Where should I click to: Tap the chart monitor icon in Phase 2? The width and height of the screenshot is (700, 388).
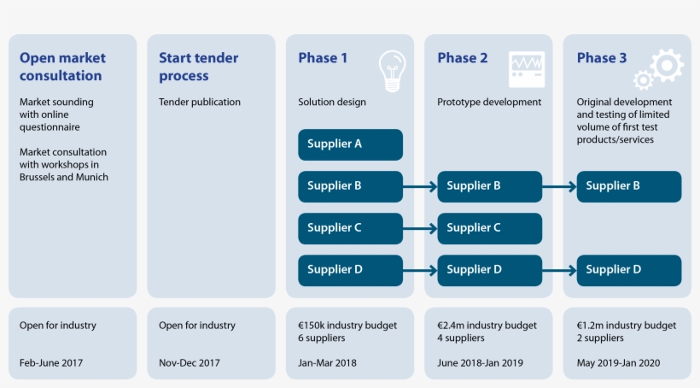[x=527, y=68]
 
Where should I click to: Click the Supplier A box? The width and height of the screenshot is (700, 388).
[x=350, y=144]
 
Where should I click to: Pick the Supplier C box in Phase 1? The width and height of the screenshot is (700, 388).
[x=350, y=228]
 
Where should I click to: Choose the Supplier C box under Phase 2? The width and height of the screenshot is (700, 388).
[x=489, y=228]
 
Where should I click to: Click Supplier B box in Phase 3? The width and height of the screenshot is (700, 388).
[x=628, y=186]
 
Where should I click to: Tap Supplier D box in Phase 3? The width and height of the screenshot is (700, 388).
[x=628, y=270]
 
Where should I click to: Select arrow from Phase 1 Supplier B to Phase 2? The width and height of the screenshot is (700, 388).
[x=420, y=186]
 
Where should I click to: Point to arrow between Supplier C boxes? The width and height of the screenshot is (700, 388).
[x=420, y=228]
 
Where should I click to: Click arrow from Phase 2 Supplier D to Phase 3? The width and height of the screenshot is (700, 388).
[x=559, y=270]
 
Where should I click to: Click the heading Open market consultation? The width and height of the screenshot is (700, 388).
[x=62, y=67]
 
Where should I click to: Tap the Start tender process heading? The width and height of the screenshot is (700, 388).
[x=198, y=67]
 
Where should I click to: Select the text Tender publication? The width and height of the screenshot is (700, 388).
[x=200, y=103]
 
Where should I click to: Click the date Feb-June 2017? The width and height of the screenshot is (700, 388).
[x=51, y=362]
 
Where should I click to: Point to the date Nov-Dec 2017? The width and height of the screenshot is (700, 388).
[x=190, y=362]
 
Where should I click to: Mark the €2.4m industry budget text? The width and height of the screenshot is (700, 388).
[x=487, y=326]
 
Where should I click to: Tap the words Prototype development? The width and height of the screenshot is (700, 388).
[x=489, y=103]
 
